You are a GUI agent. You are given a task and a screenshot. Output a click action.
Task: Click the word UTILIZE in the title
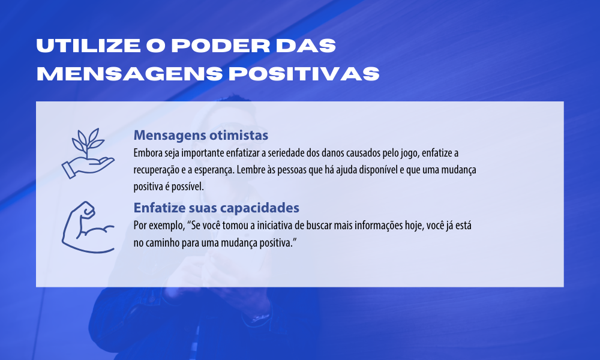88,46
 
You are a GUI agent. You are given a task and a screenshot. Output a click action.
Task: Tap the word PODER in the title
220,46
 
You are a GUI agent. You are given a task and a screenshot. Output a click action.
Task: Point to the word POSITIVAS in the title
304,73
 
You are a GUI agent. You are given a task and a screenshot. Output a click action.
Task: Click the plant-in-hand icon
88,154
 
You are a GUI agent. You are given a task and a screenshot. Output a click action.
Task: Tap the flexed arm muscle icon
88,227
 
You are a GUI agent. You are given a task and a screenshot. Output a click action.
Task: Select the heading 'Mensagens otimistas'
201,135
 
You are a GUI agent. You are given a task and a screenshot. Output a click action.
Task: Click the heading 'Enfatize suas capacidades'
216,208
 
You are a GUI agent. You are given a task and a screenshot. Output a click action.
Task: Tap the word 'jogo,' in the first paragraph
410,154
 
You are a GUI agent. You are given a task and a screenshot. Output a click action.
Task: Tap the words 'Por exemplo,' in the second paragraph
159,226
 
